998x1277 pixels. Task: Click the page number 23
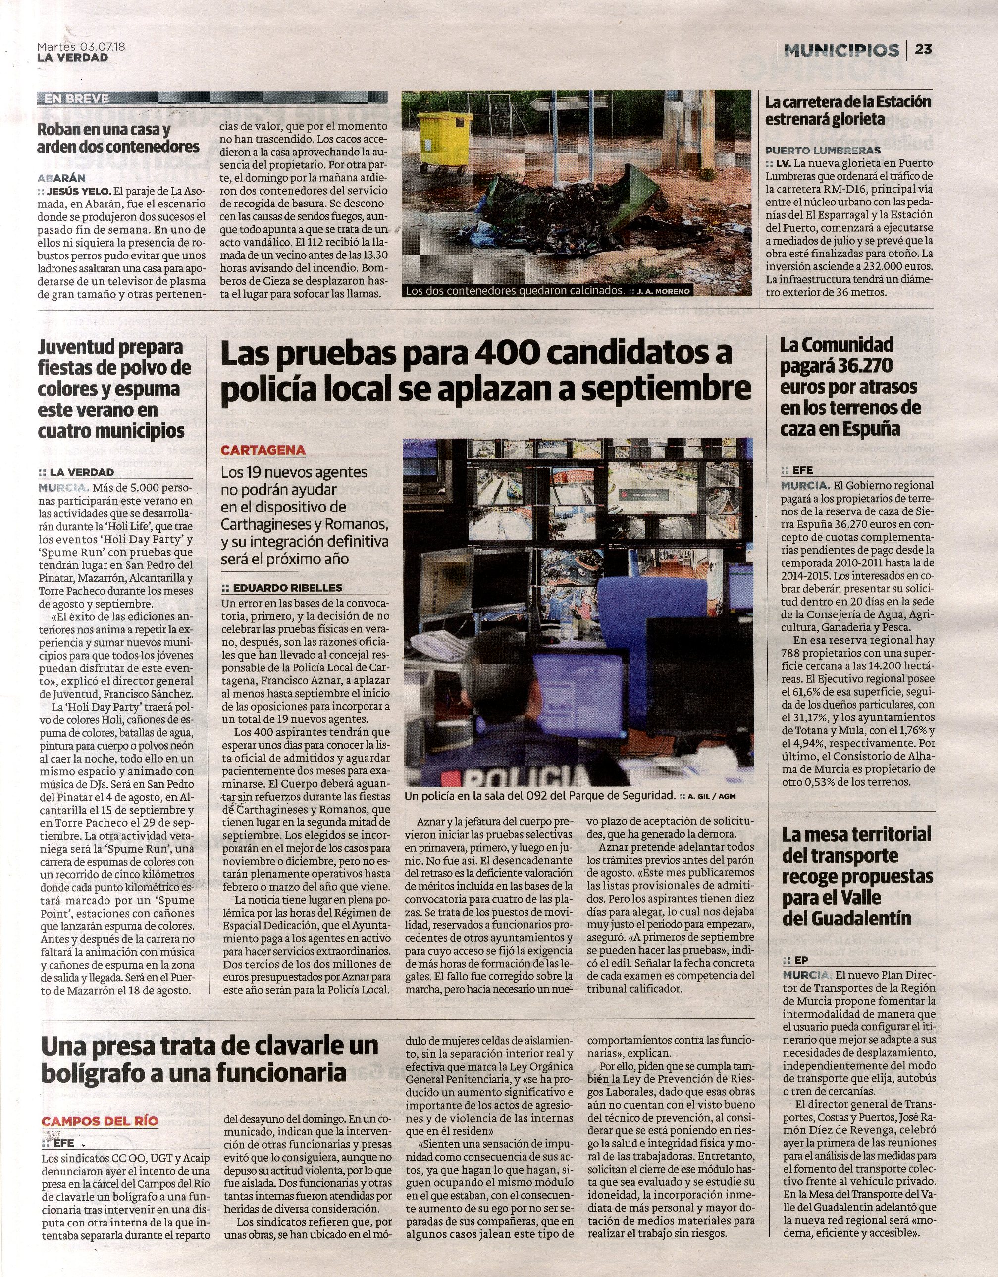click(x=924, y=50)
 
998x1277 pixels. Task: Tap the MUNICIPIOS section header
click(x=841, y=51)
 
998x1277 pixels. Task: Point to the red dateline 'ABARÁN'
click(x=61, y=178)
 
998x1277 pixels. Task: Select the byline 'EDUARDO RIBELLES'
click(x=287, y=588)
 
